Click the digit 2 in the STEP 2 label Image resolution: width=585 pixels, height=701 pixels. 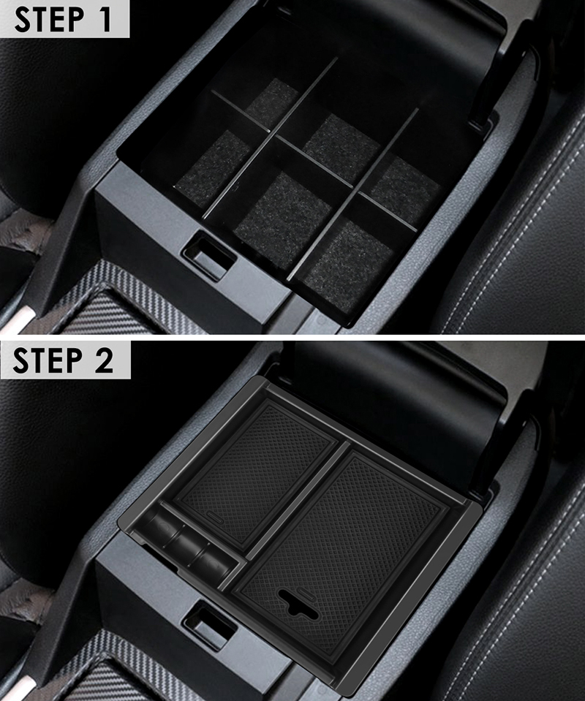pos(105,360)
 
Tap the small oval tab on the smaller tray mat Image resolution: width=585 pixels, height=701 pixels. pos(216,518)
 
